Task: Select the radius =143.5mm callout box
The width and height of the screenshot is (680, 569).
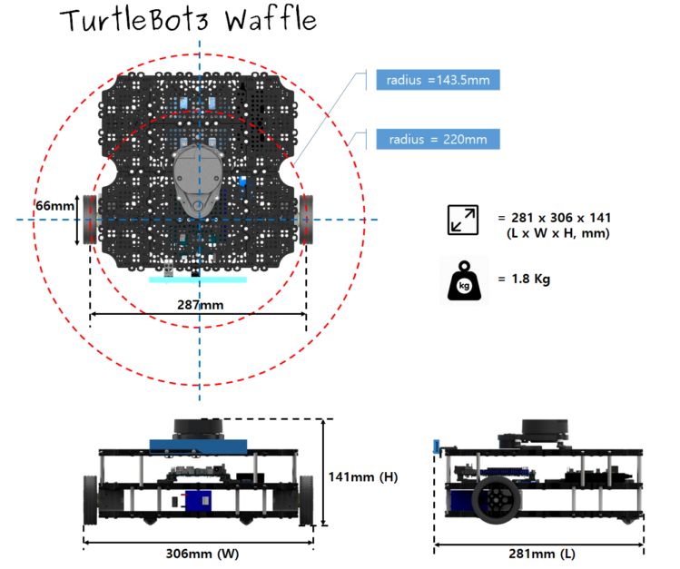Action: point(438,81)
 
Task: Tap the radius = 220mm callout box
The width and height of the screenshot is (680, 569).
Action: point(438,139)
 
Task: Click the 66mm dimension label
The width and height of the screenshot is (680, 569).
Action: point(54,206)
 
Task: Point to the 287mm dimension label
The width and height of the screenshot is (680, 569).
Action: point(198,304)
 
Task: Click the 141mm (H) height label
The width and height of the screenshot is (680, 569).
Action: point(365,476)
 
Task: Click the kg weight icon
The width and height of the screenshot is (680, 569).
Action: point(464,280)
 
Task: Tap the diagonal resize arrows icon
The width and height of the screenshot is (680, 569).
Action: point(463,221)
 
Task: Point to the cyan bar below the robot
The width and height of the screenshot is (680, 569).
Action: point(198,280)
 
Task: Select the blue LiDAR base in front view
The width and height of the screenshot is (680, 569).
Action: point(198,445)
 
